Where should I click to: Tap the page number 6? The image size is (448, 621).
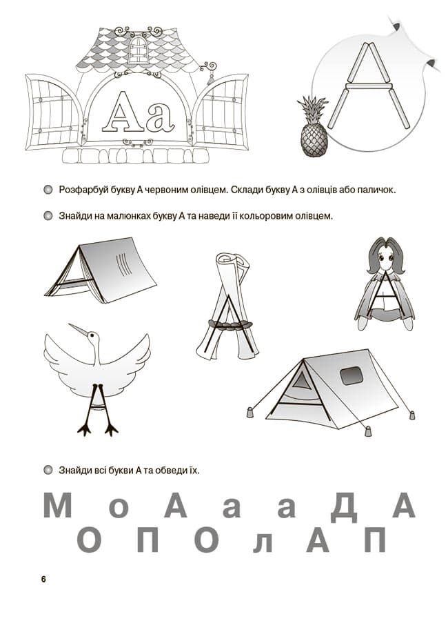43,579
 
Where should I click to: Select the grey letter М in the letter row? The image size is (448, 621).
58,506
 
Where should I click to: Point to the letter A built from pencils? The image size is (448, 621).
371,86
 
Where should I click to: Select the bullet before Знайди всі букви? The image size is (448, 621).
48,471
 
